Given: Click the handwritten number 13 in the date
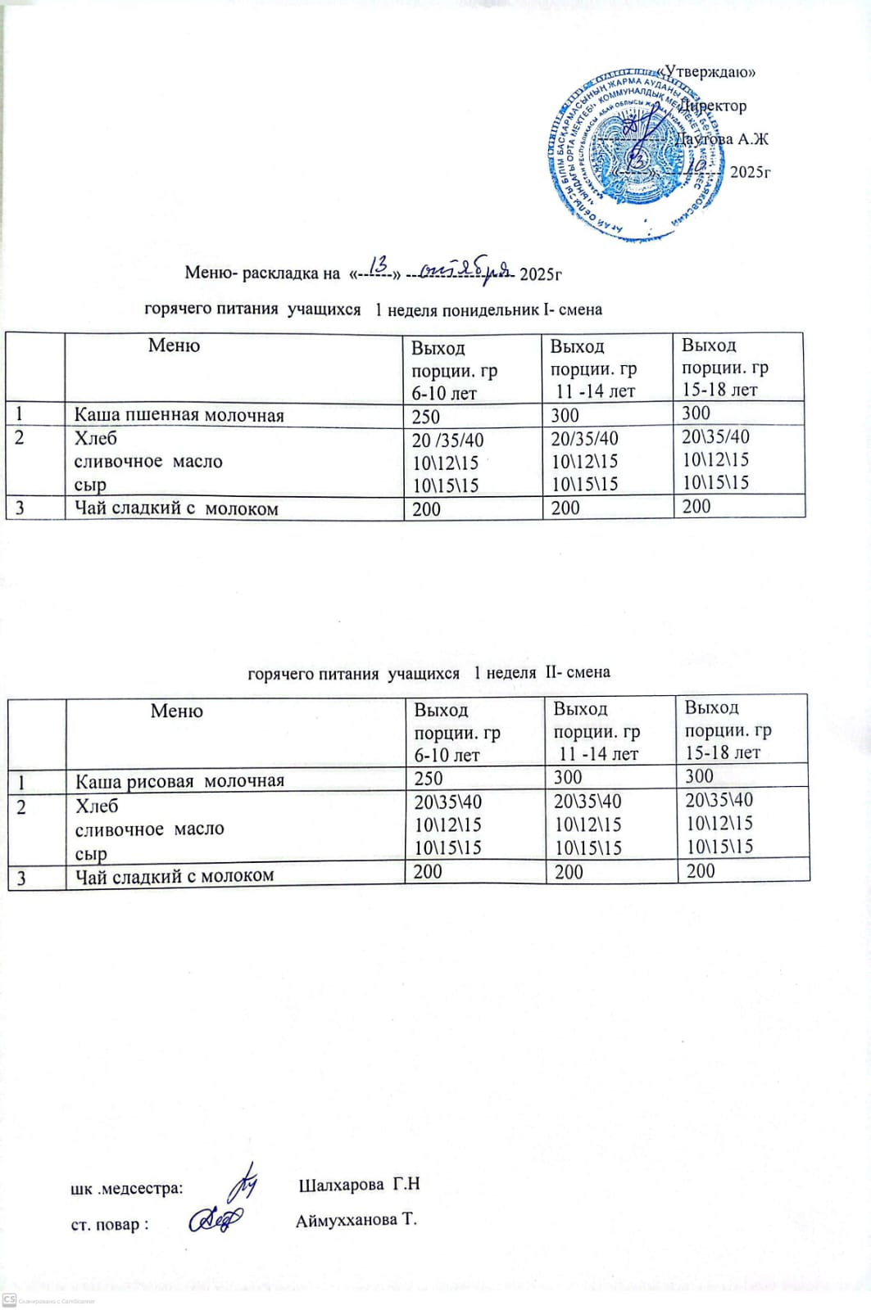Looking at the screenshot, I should pyautogui.click(x=379, y=265).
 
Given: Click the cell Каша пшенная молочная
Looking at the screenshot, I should pyautogui.click(x=179, y=415).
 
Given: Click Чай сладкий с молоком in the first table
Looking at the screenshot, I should pyautogui.click(x=176, y=508).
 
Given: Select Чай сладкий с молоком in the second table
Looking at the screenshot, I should pyautogui.click(x=175, y=875).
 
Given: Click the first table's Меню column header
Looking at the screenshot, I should pyautogui.click(x=174, y=346).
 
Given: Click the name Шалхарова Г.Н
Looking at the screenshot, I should pyautogui.click(x=359, y=1185).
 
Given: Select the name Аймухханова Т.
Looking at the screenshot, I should pyautogui.click(x=356, y=1221).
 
